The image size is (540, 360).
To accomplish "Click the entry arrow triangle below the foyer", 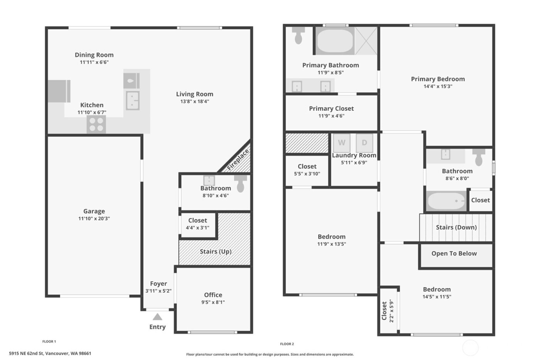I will (x=157, y=317).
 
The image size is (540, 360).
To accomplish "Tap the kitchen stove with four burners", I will (x=96, y=124).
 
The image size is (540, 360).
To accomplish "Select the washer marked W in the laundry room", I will (x=341, y=143).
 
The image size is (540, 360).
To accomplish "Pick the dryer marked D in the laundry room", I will (x=364, y=143).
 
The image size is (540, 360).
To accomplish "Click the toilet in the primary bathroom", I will (x=298, y=35).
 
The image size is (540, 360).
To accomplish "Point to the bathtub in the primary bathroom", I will (x=335, y=41).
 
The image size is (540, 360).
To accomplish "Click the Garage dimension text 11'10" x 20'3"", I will (x=94, y=218).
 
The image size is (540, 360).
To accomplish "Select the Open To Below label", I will (x=454, y=254).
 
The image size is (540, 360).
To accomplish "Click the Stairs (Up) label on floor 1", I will (x=216, y=252).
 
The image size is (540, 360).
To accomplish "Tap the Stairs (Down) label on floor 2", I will (x=456, y=227).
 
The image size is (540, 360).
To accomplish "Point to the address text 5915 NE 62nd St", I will (x=50, y=353).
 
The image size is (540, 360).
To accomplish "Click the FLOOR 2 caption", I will (x=287, y=344).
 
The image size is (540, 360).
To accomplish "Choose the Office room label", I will (x=213, y=295).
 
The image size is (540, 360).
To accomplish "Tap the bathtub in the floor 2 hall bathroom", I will (x=446, y=201).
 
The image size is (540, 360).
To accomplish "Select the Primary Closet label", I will (x=331, y=108).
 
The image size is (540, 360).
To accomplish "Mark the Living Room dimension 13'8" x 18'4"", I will (x=195, y=101).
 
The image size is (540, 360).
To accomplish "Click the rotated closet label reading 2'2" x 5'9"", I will (x=391, y=311).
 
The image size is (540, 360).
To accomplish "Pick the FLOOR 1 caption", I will (x=49, y=341).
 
